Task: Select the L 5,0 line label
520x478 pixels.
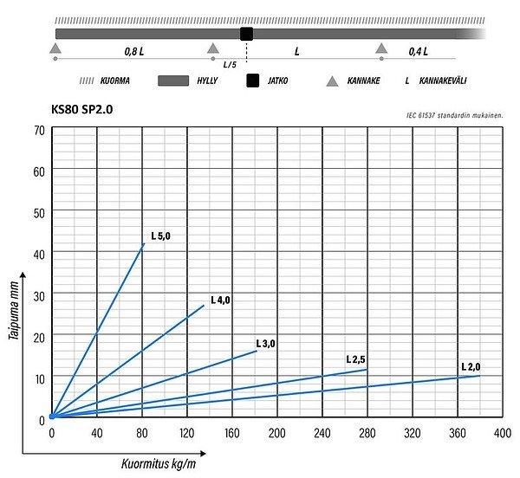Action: (x=160, y=235)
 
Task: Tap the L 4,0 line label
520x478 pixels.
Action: (x=219, y=300)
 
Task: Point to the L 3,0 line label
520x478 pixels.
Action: (x=265, y=344)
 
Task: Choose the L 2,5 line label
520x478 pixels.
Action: (x=355, y=358)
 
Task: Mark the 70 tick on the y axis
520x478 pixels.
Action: (x=39, y=130)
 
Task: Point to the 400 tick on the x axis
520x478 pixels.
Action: (x=502, y=433)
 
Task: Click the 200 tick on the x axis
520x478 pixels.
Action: (x=276, y=433)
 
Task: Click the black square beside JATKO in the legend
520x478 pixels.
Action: (x=253, y=81)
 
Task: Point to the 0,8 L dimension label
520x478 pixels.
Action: (x=134, y=51)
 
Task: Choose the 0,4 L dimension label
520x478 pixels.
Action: (x=419, y=51)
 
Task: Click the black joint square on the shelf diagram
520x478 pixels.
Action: (x=246, y=34)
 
